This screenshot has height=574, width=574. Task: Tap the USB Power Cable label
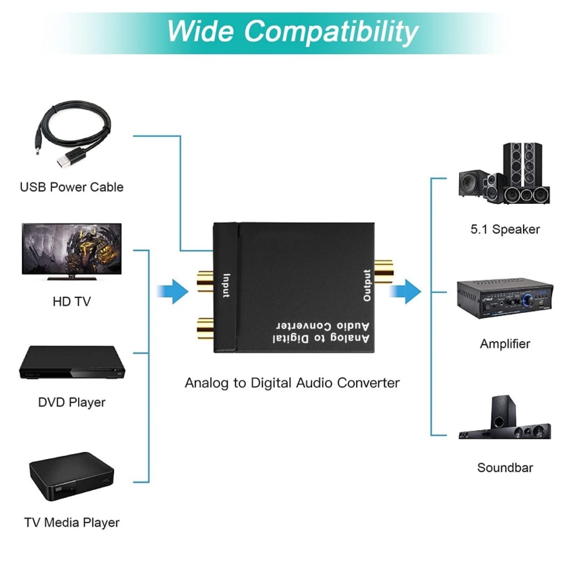click(72, 187)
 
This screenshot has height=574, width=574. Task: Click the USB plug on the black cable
click(68, 160)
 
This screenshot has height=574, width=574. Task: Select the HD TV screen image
click(71, 250)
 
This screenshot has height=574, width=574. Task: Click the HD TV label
click(71, 301)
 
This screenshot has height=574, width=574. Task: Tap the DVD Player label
click(72, 402)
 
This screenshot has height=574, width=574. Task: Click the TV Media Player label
click(72, 523)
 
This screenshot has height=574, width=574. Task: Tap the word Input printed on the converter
click(226, 285)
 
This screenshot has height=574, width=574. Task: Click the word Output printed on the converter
click(367, 285)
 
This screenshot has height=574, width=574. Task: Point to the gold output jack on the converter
click(383, 269)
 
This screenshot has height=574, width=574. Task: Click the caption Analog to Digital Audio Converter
click(292, 383)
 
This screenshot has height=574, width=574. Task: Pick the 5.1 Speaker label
click(505, 230)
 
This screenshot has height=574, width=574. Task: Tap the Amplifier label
click(505, 344)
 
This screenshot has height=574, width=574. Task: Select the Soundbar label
click(505, 468)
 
